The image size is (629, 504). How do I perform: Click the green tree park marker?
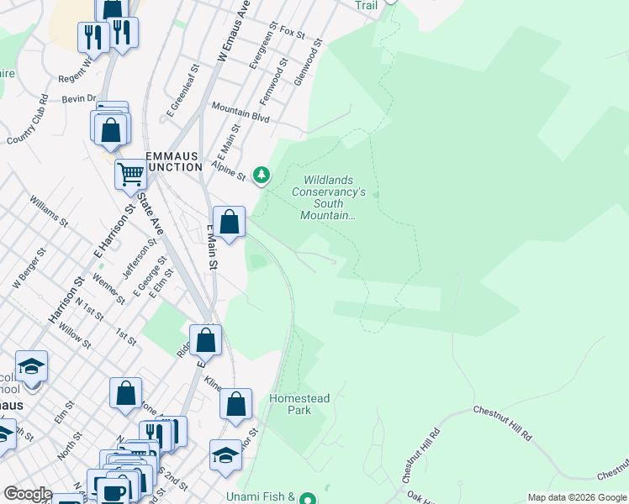click(262, 175)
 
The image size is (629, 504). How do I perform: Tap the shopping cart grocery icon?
click(130, 175)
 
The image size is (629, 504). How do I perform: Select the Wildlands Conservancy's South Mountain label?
click(335, 197)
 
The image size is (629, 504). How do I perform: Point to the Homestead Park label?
click(299, 404)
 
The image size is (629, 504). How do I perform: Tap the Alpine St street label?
click(227, 171)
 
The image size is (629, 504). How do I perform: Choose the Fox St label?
click(292, 32)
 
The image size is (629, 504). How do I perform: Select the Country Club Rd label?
click(25, 127)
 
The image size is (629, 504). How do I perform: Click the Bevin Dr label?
click(80, 98)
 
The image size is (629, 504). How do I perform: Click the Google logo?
click(28, 494)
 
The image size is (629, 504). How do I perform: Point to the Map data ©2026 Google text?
click(577, 497)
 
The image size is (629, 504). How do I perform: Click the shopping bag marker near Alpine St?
click(229, 223)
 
